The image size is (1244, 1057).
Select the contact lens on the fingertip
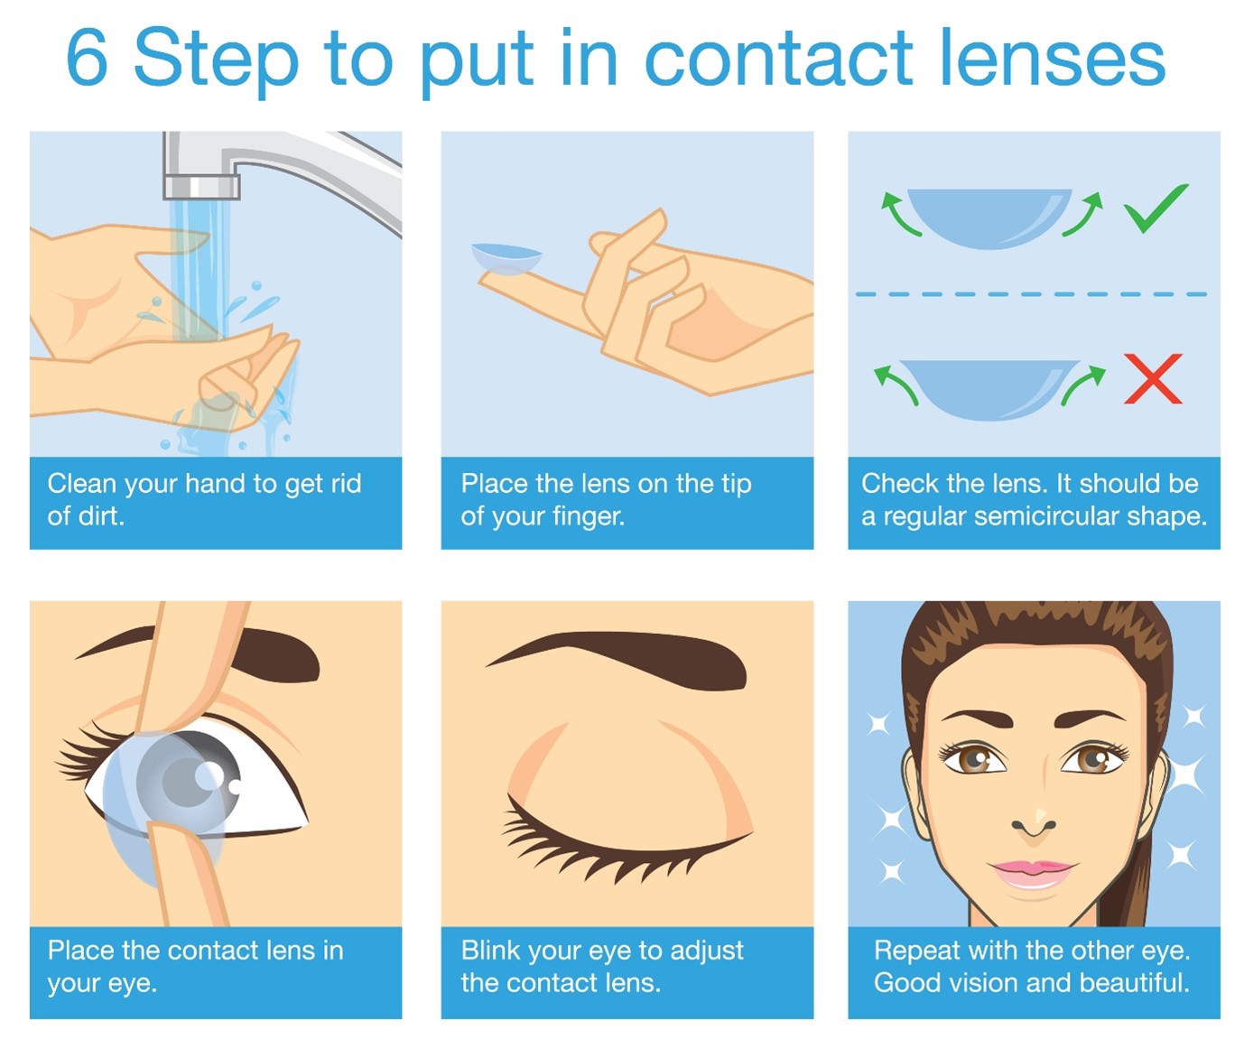[506, 258]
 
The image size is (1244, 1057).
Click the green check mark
[1156, 208]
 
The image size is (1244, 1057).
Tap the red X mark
[1153, 378]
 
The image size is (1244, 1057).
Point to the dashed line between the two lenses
[1031, 294]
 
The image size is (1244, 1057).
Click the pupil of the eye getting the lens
[187, 783]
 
